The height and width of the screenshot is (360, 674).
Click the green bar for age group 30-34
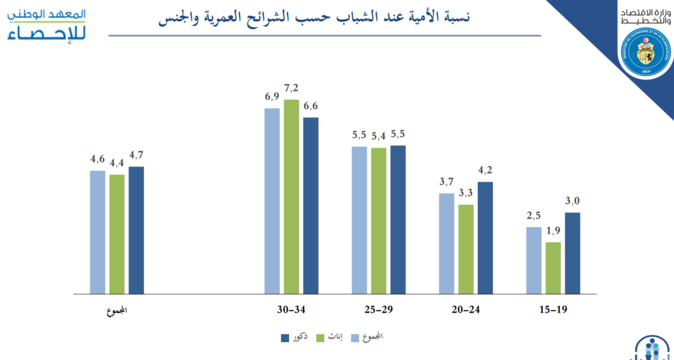(292, 196)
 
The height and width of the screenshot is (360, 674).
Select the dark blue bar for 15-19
(573, 253)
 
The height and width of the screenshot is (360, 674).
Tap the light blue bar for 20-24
(446, 243)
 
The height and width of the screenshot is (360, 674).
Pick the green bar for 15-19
(554, 267)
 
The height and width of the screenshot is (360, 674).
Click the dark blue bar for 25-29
(398, 219)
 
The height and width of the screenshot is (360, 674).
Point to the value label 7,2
(292, 88)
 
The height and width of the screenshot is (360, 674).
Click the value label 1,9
(554, 231)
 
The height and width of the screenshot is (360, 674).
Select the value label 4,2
(485, 170)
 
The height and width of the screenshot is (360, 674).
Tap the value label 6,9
(272, 97)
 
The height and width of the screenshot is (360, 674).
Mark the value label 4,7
(136, 155)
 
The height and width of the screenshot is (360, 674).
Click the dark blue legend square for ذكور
(285, 338)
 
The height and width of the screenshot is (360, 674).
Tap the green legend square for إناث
(321, 338)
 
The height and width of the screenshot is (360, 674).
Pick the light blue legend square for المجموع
(354, 338)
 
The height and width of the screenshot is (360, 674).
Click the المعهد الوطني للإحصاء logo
(43, 24)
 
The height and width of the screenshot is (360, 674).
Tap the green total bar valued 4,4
(117, 234)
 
